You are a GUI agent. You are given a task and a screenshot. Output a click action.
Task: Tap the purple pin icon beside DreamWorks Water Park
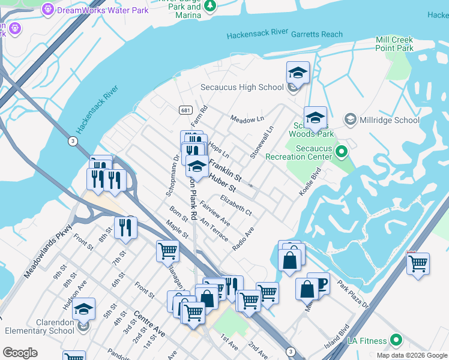48,10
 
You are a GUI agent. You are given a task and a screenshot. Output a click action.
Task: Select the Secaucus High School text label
242,87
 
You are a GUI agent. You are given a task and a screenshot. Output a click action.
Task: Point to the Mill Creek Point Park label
394,44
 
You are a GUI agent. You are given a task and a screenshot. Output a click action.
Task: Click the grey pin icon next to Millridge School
351,120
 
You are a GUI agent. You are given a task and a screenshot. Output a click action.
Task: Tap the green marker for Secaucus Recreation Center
342,151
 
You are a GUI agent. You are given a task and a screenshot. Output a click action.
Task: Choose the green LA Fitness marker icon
396,341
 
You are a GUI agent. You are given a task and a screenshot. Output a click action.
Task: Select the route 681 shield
185,110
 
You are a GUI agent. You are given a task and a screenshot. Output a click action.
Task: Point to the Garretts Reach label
316,35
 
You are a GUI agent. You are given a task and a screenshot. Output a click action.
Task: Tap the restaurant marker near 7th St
125,227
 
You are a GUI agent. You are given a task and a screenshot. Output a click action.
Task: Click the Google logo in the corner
20,353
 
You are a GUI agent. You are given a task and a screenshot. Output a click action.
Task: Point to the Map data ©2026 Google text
411,355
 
